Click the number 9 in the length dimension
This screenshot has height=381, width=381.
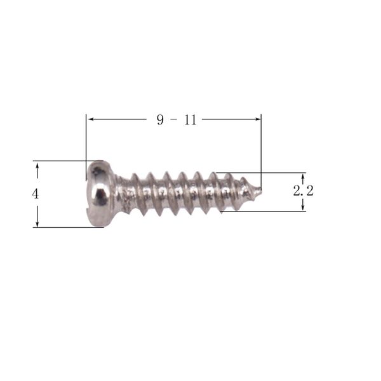(161, 119)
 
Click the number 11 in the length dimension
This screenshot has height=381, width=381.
(190, 119)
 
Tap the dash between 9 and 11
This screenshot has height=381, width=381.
(175, 119)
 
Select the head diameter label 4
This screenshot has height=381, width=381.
(36, 194)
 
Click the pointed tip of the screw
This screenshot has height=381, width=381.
(258, 189)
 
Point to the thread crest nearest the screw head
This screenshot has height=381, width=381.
(135, 177)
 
